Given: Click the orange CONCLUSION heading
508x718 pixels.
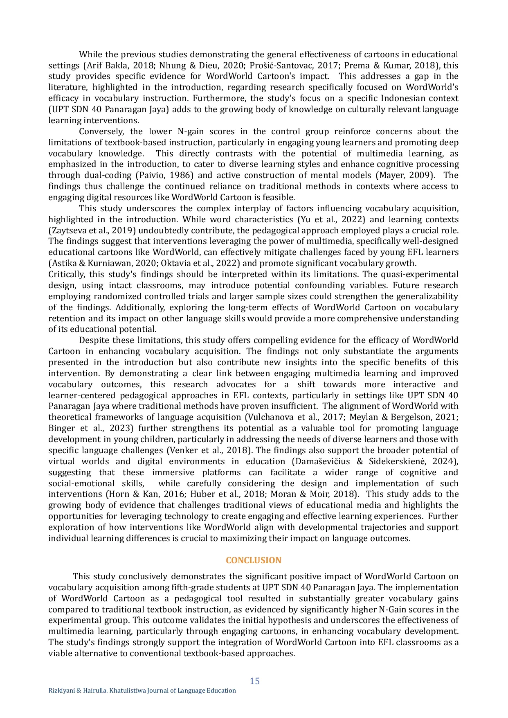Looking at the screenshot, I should click(254, 560).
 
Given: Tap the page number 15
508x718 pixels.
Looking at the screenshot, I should click(254, 681).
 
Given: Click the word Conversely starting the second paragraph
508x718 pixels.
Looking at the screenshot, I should click(101, 131).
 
